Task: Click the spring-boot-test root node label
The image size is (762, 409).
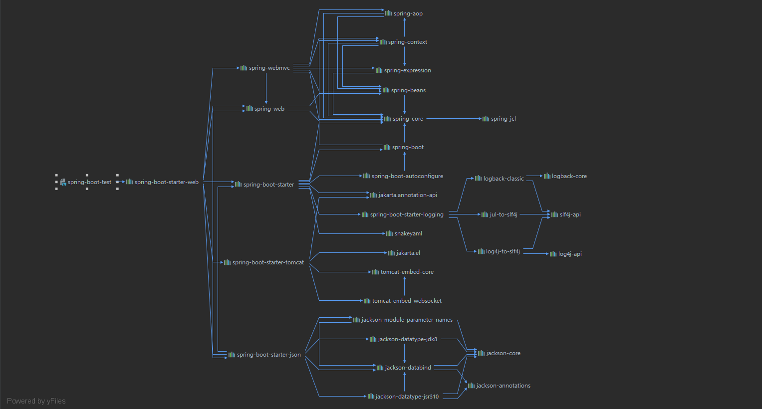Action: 89,182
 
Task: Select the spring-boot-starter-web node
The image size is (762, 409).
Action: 162,182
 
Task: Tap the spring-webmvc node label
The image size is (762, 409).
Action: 269,68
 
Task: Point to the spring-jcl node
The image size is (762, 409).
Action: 499,119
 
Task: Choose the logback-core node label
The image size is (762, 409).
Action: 569,176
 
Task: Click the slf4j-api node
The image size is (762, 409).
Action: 566,214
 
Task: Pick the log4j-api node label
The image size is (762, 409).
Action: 570,254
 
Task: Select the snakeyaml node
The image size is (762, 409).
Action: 404,233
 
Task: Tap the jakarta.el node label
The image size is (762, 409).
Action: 408,253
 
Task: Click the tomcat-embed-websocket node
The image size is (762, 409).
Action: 402,301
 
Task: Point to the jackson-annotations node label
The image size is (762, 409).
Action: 503,386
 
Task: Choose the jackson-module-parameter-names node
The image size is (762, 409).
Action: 403,320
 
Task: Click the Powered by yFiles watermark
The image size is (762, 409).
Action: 36,401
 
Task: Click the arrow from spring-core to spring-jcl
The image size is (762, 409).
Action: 454,119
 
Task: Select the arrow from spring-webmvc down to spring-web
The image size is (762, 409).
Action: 266,88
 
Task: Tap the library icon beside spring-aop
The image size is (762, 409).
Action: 388,13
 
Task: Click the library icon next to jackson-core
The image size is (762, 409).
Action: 481,353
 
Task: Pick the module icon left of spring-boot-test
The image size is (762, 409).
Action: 63,182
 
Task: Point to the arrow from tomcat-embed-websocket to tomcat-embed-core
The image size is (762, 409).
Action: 405,286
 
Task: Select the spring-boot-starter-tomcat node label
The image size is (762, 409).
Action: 268,262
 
